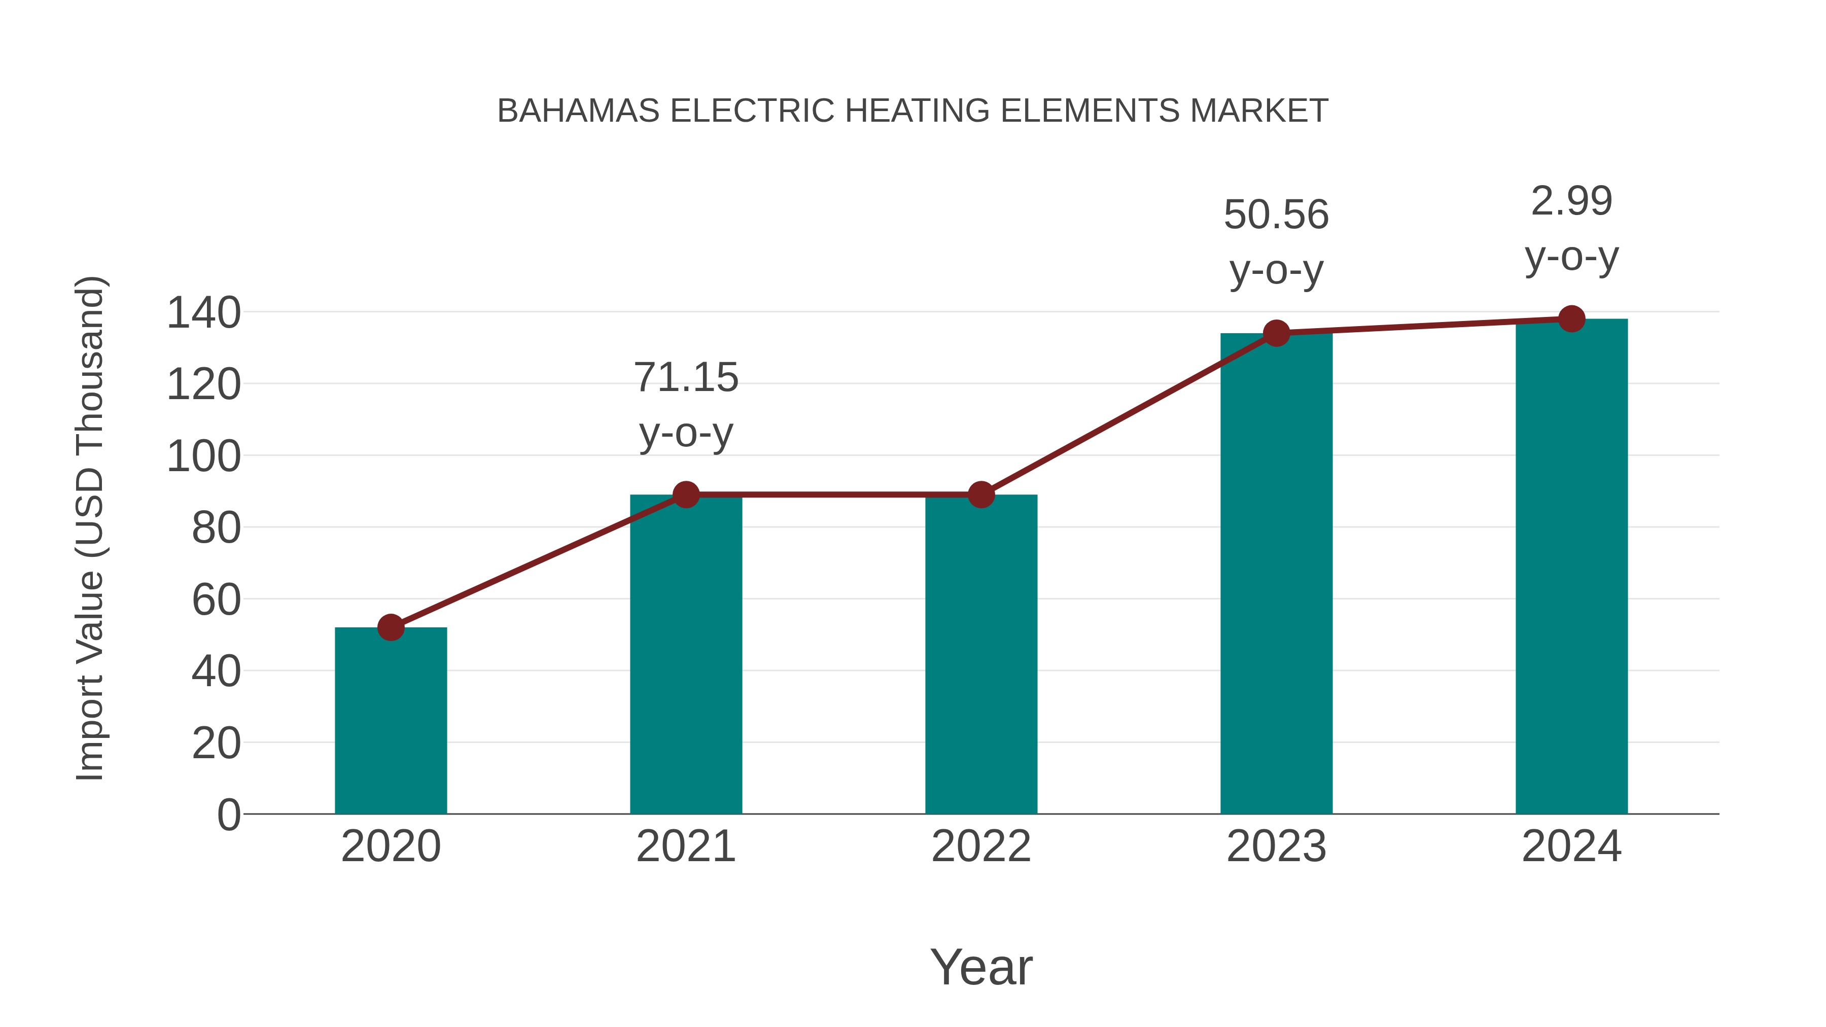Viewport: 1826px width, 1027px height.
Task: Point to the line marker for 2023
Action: point(1276,333)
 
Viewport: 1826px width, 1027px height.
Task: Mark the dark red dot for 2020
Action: point(391,627)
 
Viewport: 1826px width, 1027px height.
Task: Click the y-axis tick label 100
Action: point(203,456)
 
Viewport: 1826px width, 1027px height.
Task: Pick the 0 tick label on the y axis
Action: point(229,814)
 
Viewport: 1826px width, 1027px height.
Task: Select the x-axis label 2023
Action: point(1276,846)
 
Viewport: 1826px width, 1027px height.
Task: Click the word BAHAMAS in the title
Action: point(578,111)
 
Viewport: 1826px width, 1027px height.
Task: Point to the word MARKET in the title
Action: point(1259,111)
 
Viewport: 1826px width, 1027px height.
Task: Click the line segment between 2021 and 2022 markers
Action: point(833,494)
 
